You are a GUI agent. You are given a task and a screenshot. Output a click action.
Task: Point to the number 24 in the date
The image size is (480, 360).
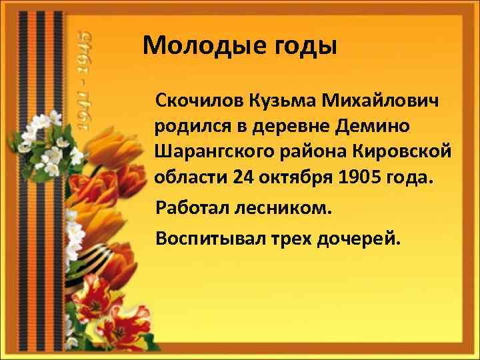click(x=243, y=177)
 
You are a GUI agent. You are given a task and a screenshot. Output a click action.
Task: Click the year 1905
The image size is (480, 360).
click(x=360, y=177)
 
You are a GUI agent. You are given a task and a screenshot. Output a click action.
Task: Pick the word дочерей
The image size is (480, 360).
click(x=363, y=238)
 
